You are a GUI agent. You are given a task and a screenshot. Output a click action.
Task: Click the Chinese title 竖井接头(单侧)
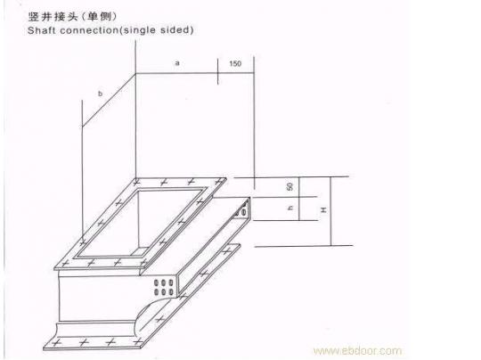[72, 16]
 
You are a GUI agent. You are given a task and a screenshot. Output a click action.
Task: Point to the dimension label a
[177, 63]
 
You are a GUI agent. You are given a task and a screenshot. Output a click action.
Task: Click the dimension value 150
[235, 63]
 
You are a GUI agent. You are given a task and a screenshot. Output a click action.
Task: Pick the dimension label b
[100, 94]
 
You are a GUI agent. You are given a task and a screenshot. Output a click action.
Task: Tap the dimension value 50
[289, 186]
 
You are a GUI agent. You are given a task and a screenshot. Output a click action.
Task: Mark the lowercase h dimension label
[289, 208]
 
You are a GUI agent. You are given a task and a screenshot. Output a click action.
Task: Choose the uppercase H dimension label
[323, 210]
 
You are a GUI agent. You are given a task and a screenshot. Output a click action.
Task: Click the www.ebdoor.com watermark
[357, 350]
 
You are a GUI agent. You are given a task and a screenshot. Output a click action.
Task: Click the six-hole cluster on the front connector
[163, 287]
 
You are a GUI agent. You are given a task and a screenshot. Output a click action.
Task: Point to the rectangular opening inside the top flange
[140, 224]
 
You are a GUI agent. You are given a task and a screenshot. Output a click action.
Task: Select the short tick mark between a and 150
[218, 71]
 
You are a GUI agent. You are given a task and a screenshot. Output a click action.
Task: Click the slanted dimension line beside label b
[109, 100]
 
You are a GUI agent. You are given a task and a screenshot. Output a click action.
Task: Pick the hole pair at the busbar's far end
[243, 209]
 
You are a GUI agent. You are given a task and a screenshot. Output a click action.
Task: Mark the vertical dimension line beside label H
[331, 211]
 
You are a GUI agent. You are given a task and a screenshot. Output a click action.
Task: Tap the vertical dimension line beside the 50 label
[299, 199]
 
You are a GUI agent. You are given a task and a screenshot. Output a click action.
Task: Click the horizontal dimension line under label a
[195, 73]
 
